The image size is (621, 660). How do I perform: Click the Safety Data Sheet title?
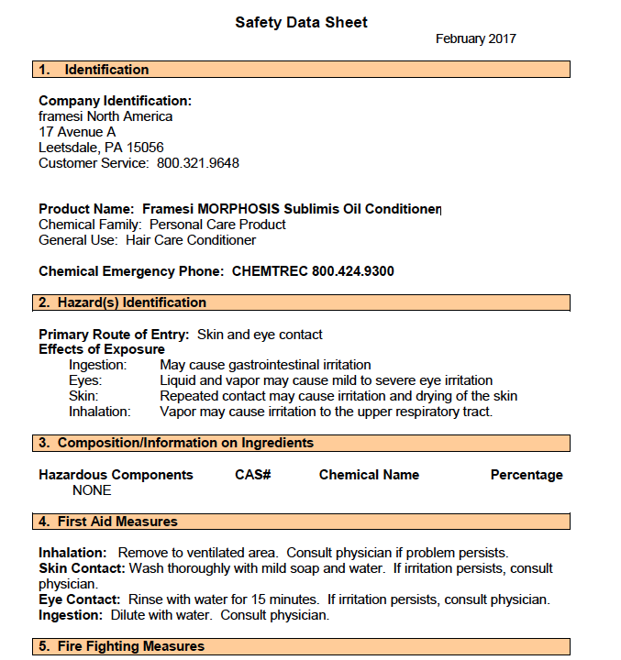tap(301, 22)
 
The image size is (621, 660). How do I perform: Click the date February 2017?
tap(475, 38)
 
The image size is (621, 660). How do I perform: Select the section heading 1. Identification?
tap(94, 70)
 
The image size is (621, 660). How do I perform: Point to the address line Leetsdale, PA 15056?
tap(101, 148)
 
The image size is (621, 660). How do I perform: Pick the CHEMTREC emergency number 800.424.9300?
tap(353, 271)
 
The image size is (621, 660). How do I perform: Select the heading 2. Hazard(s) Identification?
tap(123, 302)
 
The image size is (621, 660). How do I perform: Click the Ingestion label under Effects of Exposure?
tap(98, 365)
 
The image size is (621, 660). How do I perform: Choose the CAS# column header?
tap(252, 475)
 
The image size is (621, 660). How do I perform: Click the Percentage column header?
tap(527, 475)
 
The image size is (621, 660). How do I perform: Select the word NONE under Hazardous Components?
tap(92, 490)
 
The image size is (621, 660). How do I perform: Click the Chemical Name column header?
tap(369, 475)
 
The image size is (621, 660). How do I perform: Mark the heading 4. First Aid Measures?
tap(108, 522)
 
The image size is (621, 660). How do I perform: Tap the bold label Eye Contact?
tap(79, 599)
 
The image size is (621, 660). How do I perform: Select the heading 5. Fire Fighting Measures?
tap(121, 646)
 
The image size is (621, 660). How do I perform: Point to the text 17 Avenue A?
tap(77, 132)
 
